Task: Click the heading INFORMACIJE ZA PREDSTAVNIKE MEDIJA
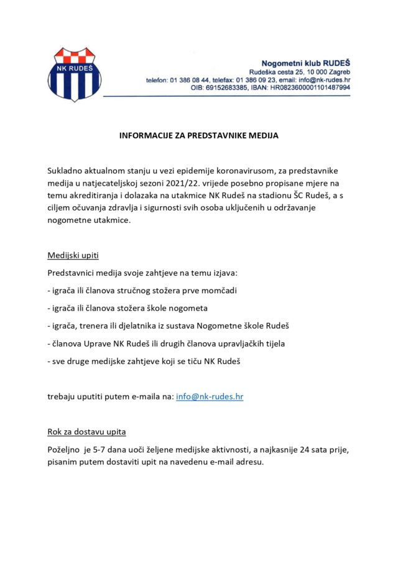point(199,134)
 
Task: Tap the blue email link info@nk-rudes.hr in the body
point(210,396)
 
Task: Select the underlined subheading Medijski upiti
point(73,256)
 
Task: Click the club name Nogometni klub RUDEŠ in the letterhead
point(306,63)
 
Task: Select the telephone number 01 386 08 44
point(190,80)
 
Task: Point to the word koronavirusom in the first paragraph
point(247,170)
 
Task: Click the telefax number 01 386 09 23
point(256,80)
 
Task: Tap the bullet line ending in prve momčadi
point(142,291)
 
